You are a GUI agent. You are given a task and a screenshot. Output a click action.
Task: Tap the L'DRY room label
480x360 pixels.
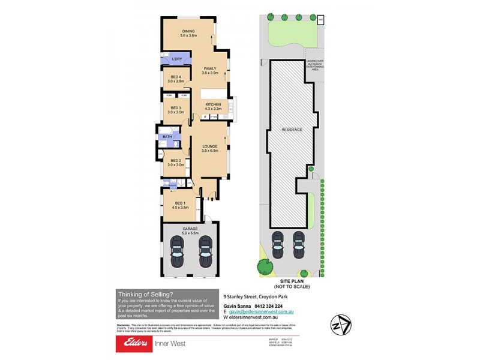tap(176, 59)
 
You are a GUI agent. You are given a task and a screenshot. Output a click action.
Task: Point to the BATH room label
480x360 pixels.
tap(166, 137)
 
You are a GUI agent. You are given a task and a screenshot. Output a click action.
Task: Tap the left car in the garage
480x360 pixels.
tap(178, 252)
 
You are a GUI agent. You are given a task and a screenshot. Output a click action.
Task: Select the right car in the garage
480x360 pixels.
tap(206, 252)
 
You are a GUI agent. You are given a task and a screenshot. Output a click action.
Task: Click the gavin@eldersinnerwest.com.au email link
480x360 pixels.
tap(265, 311)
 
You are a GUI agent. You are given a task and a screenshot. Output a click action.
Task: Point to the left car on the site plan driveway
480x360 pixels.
tap(278, 242)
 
